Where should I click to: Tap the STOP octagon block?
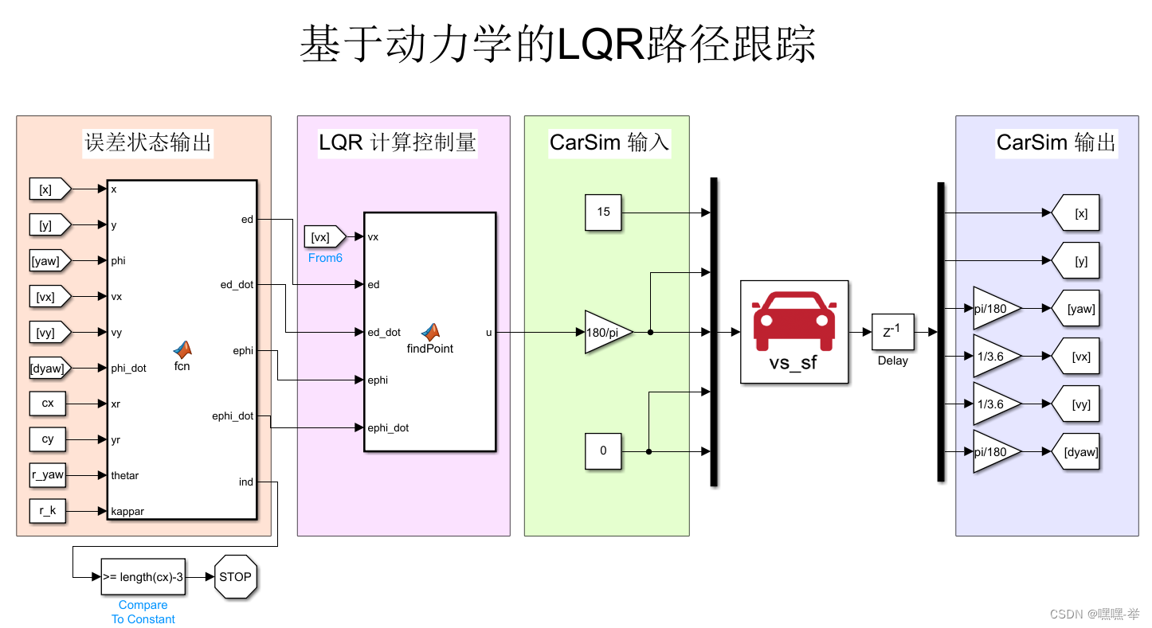tap(235, 577)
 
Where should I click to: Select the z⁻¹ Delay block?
tap(892, 333)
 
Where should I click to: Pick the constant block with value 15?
tap(603, 213)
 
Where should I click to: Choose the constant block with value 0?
tap(603, 451)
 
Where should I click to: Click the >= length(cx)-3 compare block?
tap(143, 577)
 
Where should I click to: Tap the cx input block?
tap(48, 404)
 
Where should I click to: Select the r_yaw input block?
tap(48, 475)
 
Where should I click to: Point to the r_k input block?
tap(48, 511)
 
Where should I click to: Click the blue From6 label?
tap(325, 258)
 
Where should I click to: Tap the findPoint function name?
tap(430, 348)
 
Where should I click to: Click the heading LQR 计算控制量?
tap(398, 143)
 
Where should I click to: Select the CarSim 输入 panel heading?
tap(609, 143)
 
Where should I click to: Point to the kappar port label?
tap(127, 511)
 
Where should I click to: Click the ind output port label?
tap(245, 482)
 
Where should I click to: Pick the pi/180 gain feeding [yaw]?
tap(993, 309)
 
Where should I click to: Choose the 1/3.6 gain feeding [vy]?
tap(993, 404)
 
